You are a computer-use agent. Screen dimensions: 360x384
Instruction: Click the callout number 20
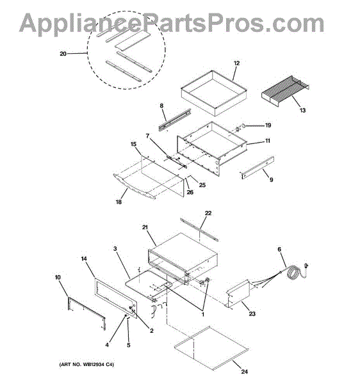pyautogui.click(x=63, y=53)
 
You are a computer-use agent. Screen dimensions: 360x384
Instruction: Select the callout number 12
pyautogui.click(x=236, y=63)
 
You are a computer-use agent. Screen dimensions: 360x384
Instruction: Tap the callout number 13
pyautogui.click(x=302, y=110)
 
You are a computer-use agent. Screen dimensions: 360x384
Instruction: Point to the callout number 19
pyautogui.click(x=268, y=125)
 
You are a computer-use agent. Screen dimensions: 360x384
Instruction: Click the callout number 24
pyautogui.click(x=244, y=372)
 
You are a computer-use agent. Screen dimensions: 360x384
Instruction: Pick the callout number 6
pyautogui.click(x=279, y=250)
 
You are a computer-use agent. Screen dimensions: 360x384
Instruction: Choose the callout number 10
pyautogui.click(x=58, y=278)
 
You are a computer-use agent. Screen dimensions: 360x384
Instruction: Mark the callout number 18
pyautogui.click(x=119, y=202)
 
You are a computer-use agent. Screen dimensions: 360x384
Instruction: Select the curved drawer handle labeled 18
pyautogui.click(x=134, y=188)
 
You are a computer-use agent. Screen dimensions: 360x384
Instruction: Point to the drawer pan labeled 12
pyautogui.click(x=214, y=93)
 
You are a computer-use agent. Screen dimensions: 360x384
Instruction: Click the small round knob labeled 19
pyautogui.click(x=243, y=126)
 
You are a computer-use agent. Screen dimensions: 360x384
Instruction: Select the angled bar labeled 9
pyautogui.click(x=257, y=168)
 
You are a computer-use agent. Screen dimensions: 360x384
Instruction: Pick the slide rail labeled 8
pyautogui.click(x=175, y=120)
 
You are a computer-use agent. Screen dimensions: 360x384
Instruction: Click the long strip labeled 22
pyautogui.click(x=199, y=230)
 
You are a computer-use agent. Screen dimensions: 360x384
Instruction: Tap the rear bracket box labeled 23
pyautogui.click(x=238, y=293)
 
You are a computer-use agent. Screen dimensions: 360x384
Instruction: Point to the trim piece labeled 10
pyautogui.click(x=86, y=314)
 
